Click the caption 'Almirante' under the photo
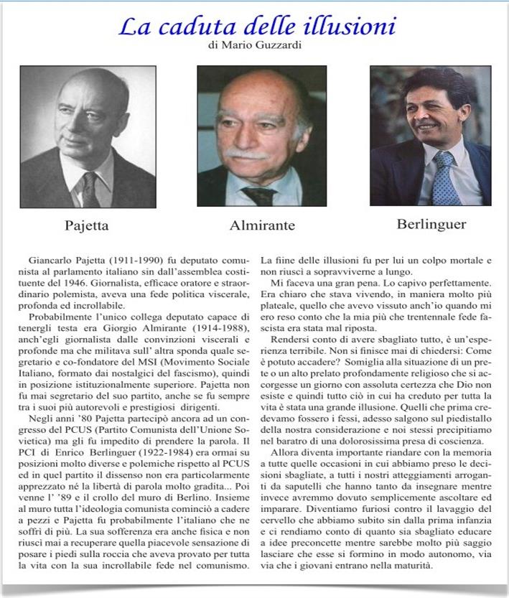[x=262, y=225]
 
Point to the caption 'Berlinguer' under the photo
[x=431, y=224]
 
